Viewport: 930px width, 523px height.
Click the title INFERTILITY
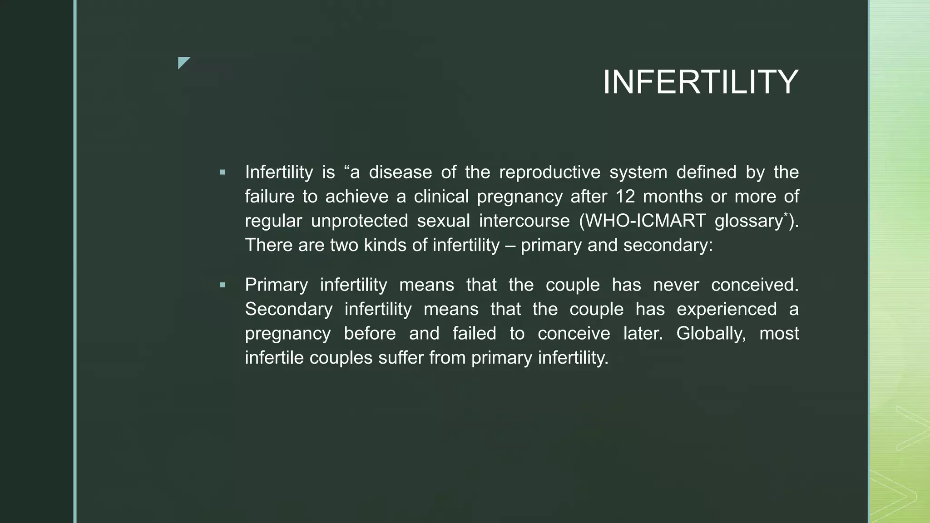[700, 82]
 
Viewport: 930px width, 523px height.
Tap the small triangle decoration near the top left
[183, 62]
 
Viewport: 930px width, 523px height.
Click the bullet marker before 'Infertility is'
[222, 173]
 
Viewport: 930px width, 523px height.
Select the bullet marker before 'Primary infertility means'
[222, 285]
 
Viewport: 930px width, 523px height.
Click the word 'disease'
[400, 173]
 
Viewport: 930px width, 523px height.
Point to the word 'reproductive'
[549, 173]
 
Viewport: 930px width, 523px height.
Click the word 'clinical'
[441, 197]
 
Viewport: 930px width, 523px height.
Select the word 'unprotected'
[360, 221]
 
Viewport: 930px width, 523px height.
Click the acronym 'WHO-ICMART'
[643, 221]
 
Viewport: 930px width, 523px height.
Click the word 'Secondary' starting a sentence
[289, 310]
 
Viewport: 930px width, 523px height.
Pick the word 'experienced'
[727, 310]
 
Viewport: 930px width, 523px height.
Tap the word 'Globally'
[711, 334]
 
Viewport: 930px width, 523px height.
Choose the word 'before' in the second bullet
[370, 334]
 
